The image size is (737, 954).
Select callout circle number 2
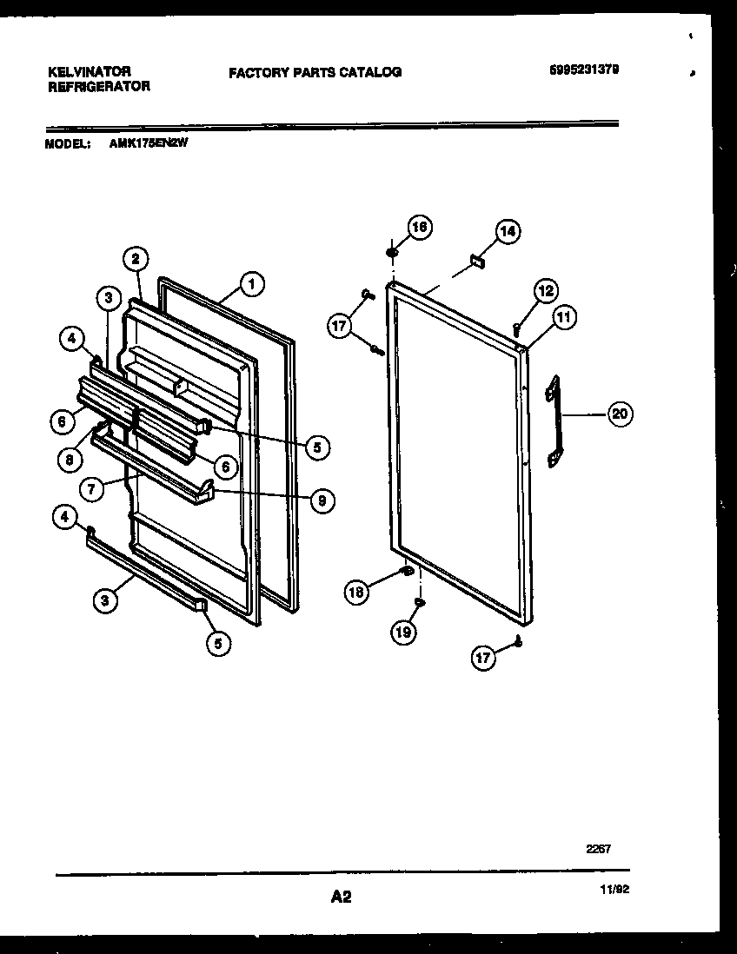[135, 258]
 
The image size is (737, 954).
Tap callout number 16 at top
[419, 227]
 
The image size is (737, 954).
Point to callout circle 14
[508, 231]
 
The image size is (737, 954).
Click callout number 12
[545, 291]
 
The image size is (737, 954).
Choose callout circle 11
[563, 318]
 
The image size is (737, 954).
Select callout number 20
[619, 414]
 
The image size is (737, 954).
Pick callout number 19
[403, 632]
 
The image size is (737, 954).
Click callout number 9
[321, 500]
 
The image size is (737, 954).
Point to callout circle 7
[92, 488]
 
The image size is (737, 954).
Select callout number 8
[70, 460]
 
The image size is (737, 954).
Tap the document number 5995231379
[584, 70]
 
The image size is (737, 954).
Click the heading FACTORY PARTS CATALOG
[315, 73]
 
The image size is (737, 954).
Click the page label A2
[341, 897]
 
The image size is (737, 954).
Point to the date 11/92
[614, 890]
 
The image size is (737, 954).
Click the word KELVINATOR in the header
[89, 71]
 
